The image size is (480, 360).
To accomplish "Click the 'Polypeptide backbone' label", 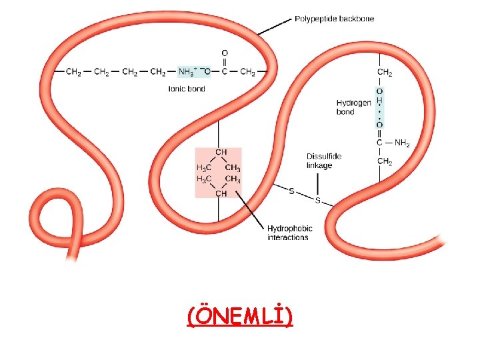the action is (334, 19).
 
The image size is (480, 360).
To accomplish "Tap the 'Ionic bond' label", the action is (187, 89).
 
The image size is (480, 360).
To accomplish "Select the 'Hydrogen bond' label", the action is (353, 107).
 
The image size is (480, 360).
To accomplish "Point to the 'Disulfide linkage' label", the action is (324, 161).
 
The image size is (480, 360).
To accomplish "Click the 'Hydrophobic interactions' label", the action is (289, 233).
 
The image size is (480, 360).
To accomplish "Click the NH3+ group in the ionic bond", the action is (187, 71).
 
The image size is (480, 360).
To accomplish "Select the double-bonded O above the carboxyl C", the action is (225, 53).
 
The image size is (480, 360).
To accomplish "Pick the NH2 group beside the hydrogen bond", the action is (402, 143).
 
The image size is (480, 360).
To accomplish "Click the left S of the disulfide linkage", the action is (291, 191).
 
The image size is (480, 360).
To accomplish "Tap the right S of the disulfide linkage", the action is (318, 201).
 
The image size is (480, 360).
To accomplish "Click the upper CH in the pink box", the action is (221, 152).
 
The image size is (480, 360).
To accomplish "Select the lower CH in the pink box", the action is (221, 193).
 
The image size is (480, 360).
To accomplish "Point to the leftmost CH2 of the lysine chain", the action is (73, 72).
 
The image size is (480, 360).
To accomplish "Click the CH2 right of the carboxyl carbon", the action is (247, 72).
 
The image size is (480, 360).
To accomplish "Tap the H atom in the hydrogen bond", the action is (379, 101).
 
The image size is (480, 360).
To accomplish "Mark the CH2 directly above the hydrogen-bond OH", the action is (385, 72).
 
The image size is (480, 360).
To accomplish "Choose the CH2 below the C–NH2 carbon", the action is (385, 161).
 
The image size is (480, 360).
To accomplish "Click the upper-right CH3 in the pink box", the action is (233, 168).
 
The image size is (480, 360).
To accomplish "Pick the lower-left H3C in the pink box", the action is (204, 179).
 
